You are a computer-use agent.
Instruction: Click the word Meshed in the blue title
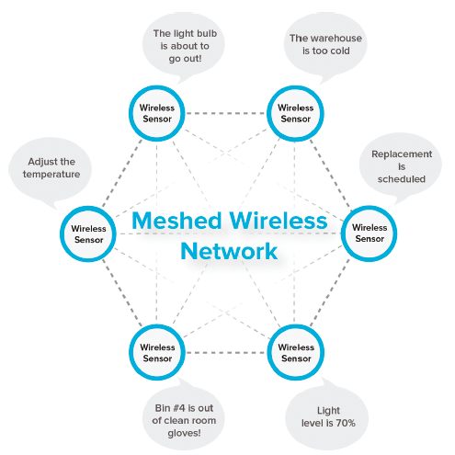pos(176,221)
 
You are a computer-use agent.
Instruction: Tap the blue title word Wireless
pos(279,221)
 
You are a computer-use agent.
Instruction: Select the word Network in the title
pos(229,251)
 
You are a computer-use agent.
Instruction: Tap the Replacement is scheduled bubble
pos(401,168)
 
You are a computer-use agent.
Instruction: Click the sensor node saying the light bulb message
pos(157,113)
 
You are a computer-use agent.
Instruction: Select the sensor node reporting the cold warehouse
pos(295,113)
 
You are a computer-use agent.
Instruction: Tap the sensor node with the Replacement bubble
pos(370,233)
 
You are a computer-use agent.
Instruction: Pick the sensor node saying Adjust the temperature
pos(88,234)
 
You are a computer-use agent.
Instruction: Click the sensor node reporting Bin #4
pos(157,352)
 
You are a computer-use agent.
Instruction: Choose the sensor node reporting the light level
pos(296,352)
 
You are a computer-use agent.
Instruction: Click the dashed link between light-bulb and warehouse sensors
pos(226,113)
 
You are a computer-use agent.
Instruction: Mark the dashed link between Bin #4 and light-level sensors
pos(226,353)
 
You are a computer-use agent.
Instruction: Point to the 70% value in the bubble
pos(346,423)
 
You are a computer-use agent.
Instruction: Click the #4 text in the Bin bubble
pos(179,408)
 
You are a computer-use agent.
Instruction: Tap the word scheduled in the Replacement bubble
pos(402,179)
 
